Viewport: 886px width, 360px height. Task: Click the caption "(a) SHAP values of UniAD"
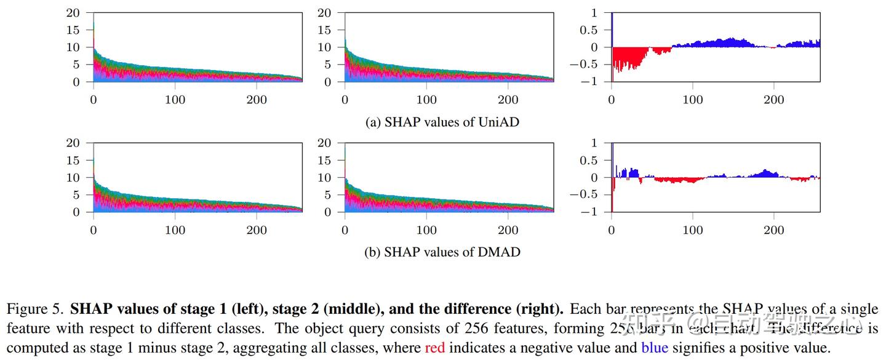[x=442, y=122]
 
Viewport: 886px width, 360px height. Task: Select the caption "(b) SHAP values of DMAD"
[x=442, y=252]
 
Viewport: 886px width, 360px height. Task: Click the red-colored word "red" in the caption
[x=434, y=348]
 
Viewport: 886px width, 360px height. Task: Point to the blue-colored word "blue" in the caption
[x=655, y=348]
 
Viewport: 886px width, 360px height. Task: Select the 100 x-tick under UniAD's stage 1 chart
[x=175, y=100]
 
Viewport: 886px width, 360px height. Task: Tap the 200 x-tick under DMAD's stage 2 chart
[x=508, y=230]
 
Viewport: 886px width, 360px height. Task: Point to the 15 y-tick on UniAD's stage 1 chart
[x=74, y=30]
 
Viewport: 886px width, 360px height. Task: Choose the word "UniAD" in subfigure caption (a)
[x=498, y=122]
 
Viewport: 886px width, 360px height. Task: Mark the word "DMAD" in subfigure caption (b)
[x=499, y=252]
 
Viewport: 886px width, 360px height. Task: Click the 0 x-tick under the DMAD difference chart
[x=612, y=230]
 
